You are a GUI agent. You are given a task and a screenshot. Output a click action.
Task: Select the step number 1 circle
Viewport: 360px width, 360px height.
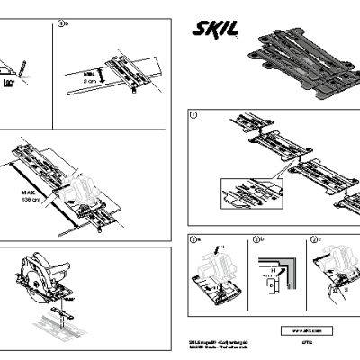tap(193, 115)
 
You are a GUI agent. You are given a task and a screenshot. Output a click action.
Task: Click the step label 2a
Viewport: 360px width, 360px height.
tap(193, 240)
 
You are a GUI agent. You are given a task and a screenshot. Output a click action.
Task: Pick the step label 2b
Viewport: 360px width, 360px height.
tap(256, 240)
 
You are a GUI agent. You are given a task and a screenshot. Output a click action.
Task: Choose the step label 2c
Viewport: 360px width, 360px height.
tap(314, 240)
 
